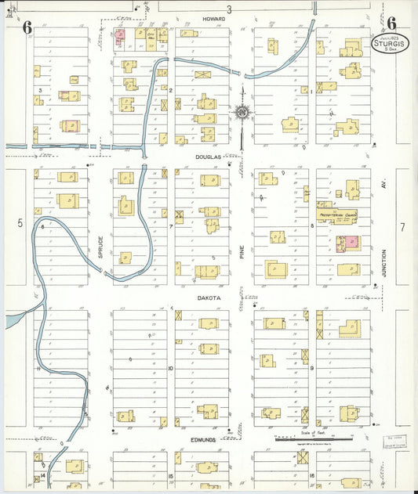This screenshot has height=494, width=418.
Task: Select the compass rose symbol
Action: [x=242, y=113]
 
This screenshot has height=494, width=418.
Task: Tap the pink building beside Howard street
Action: [x=121, y=34]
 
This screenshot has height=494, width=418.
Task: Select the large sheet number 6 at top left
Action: [x=27, y=27]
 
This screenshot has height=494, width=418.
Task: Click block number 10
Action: [x=170, y=367]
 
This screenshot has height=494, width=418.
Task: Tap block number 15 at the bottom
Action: [x=170, y=475]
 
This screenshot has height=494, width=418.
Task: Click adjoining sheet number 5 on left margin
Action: [x=20, y=223]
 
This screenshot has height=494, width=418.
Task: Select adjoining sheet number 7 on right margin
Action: [x=402, y=227]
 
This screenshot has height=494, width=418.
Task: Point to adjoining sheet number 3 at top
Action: [x=230, y=9]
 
